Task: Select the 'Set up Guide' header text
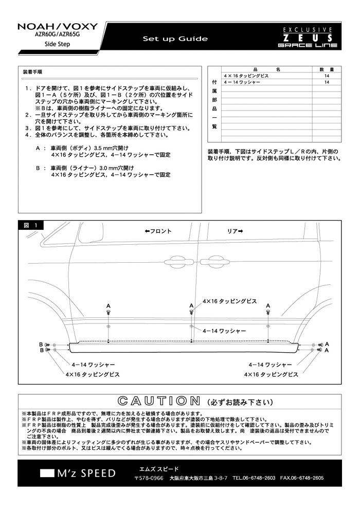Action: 175,39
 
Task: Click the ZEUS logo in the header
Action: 308,38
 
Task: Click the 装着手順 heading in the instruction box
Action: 32,72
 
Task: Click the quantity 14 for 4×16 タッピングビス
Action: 327,76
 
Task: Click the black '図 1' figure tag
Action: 31,225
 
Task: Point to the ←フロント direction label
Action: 158,231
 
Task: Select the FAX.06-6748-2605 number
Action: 302,478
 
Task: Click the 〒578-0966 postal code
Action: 149,478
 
